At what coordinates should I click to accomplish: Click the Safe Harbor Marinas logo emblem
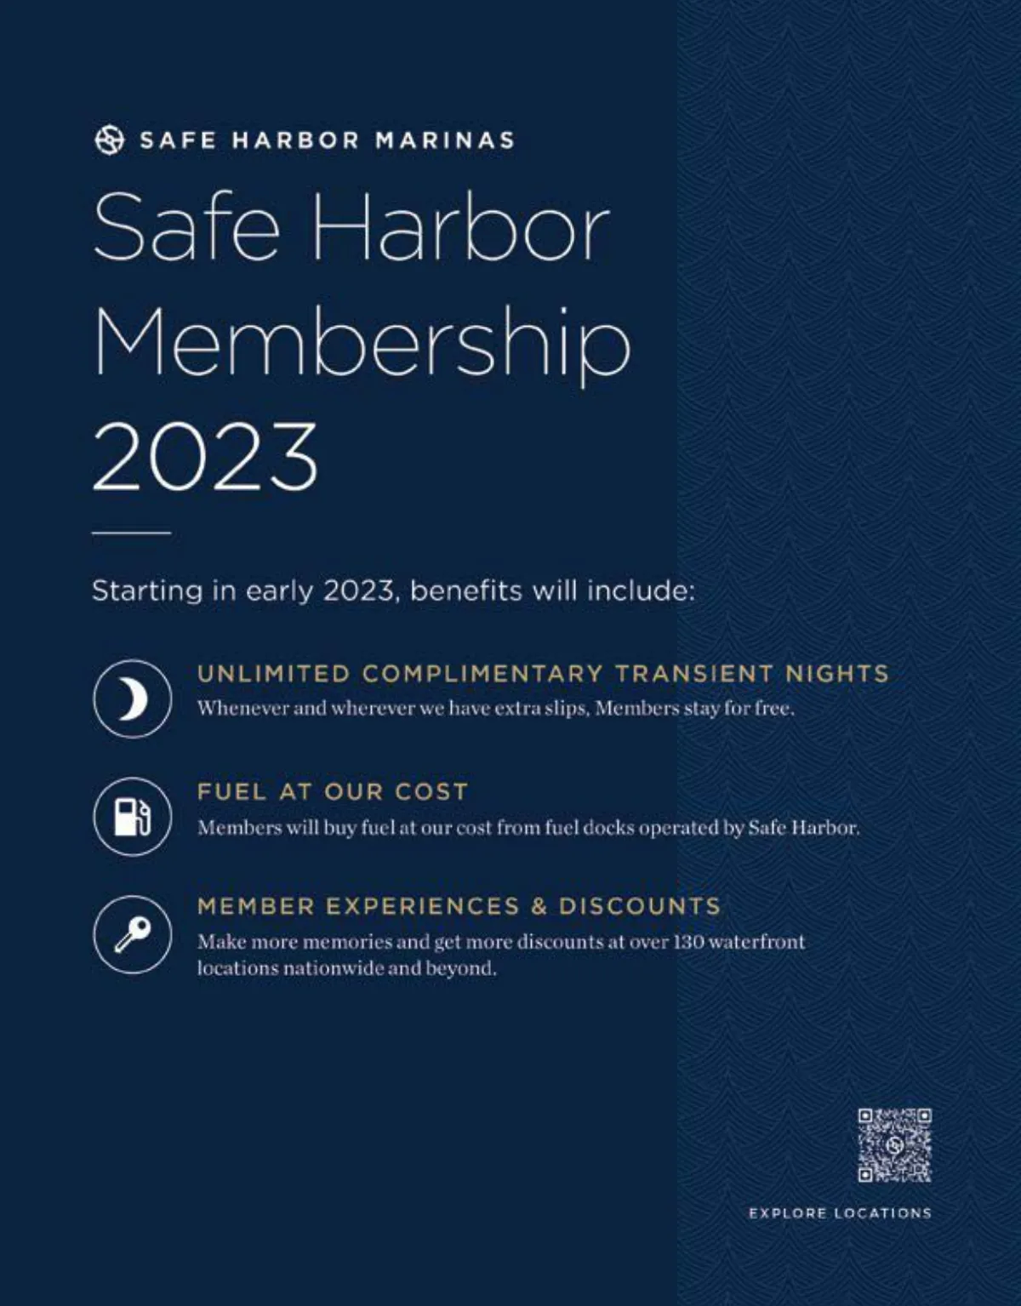pos(108,140)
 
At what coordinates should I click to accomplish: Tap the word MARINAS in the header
pos(445,140)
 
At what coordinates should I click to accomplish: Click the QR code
pos(894,1144)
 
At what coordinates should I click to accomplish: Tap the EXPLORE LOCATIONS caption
pos(840,1213)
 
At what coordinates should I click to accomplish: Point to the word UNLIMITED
pos(273,674)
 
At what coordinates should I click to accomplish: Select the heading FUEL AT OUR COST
pos(333,791)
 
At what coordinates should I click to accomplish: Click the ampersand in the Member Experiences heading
pos(539,906)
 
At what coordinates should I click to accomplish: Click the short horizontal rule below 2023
pos(131,533)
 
